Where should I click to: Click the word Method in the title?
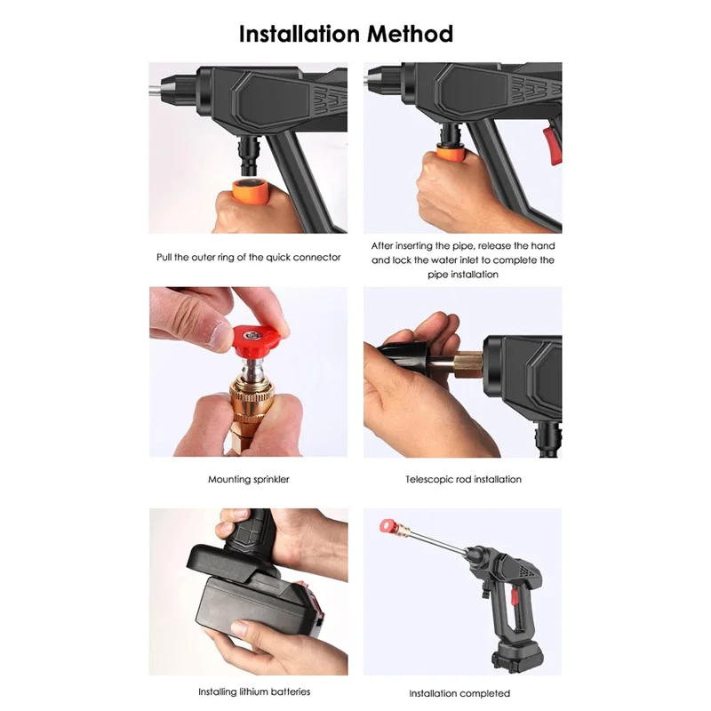click(407, 34)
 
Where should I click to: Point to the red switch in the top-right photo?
click(552, 144)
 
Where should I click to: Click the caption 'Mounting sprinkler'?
click(248, 479)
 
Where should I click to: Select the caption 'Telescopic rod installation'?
click(463, 479)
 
